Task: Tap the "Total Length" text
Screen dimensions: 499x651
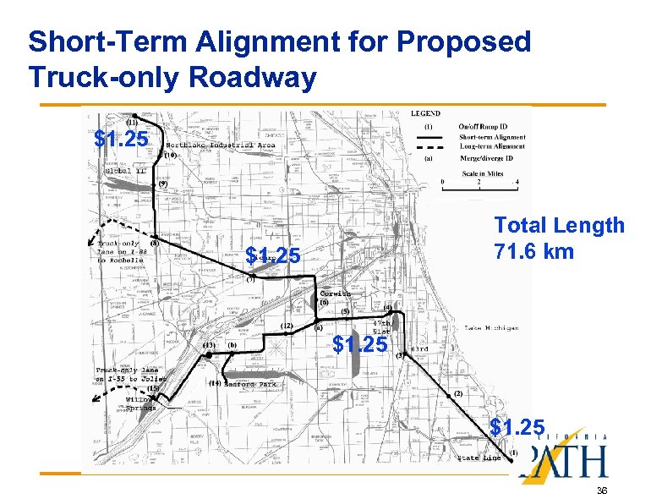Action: (559, 226)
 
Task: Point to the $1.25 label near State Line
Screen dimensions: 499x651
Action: (518, 425)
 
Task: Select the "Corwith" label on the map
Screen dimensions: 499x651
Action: (335, 293)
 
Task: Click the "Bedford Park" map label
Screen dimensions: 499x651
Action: (250, 384)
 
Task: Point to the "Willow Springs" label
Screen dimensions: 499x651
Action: (140, 403)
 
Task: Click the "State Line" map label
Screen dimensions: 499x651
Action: (479, 458)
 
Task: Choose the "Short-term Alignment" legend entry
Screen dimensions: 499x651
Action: (491, 137)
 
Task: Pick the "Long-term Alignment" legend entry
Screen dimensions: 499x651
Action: (491, 146)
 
